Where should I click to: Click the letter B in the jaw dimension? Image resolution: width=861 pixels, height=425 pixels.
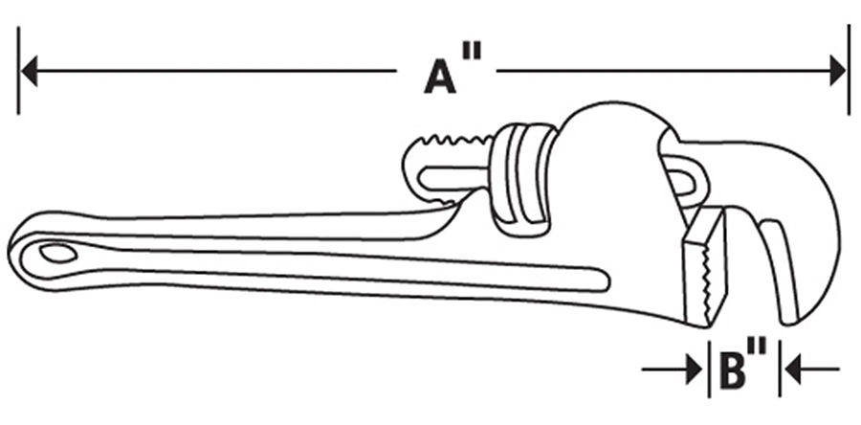733,370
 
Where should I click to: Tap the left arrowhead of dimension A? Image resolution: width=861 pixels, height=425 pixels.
29,71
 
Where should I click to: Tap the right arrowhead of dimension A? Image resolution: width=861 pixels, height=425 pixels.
838,71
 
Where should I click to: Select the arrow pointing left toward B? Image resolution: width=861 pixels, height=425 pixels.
812,369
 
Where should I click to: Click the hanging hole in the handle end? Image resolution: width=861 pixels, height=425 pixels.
57,253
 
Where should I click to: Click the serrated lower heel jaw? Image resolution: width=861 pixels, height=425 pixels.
705,267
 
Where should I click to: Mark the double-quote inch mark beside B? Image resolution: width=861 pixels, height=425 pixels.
757,347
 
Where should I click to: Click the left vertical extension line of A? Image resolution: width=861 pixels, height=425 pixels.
19,71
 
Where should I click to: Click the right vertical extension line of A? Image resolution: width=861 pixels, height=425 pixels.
849,71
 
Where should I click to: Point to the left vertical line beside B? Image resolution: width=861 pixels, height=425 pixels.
709,369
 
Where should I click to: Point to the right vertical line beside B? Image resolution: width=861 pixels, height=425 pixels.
780,369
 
